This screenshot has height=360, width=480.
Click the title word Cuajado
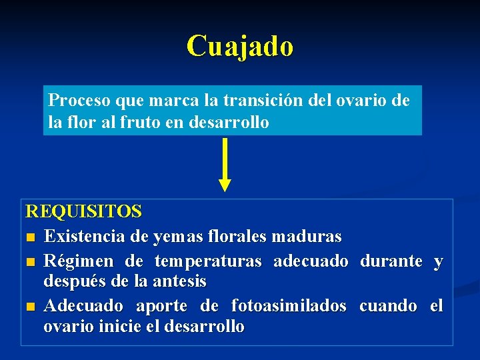click(x=239, y=46)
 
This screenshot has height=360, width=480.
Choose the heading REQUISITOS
click(x=83, y=211)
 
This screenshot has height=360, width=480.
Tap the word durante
click(x=391, y=261)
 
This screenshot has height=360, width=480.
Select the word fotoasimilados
click(x=288, y=306)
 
